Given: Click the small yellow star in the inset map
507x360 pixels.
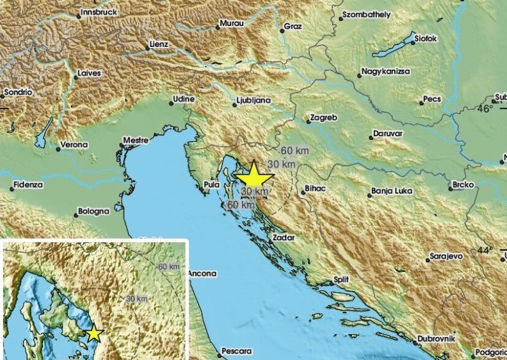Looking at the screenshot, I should [x=94, y=333].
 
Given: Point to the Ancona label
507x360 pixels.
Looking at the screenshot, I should [x=203, y=274].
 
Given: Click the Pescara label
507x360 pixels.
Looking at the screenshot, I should [x=236, y=350].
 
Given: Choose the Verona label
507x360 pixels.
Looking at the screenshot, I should [x=73, y=145].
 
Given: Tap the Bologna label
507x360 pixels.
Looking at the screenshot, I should [x=94, y=212].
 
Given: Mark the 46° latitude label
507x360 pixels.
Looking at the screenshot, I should [x=485, y=109].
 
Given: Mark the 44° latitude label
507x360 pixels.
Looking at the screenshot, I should [x=484, y=251].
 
